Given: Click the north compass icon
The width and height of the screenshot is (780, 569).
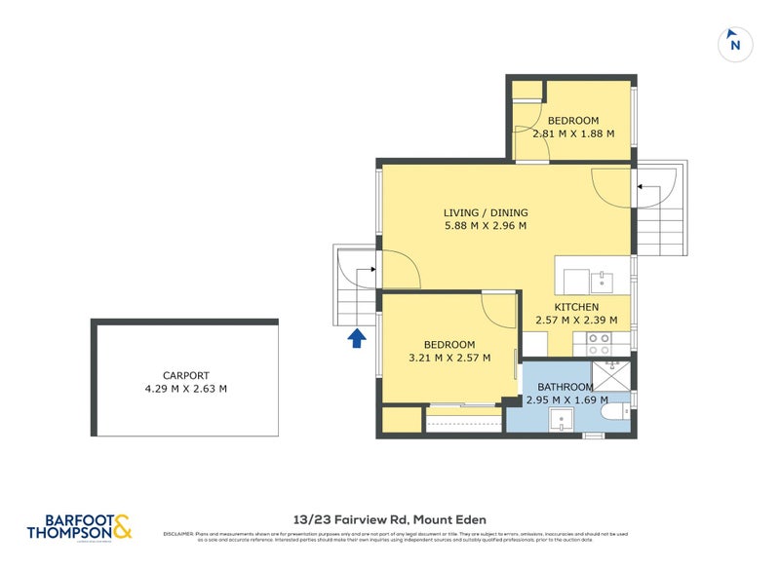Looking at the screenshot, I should pos(735,43).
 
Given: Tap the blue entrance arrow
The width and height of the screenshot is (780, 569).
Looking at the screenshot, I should pos(357,338).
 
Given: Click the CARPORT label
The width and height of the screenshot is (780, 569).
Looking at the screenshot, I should pos(185,375).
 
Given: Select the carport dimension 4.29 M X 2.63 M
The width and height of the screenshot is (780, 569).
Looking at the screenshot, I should pos(185,389).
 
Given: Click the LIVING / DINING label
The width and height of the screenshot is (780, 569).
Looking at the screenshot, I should pos(485,212).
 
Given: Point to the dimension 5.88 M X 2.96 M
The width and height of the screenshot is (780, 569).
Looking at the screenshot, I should pos(485,226).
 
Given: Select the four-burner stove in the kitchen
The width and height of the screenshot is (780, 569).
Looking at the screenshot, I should pos(598,344).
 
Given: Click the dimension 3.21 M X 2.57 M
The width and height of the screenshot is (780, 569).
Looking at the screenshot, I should pos(448,358).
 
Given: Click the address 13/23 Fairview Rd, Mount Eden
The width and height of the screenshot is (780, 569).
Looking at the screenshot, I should pos(389,519).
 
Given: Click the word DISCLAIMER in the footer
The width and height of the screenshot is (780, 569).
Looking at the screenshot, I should pos(179,534).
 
